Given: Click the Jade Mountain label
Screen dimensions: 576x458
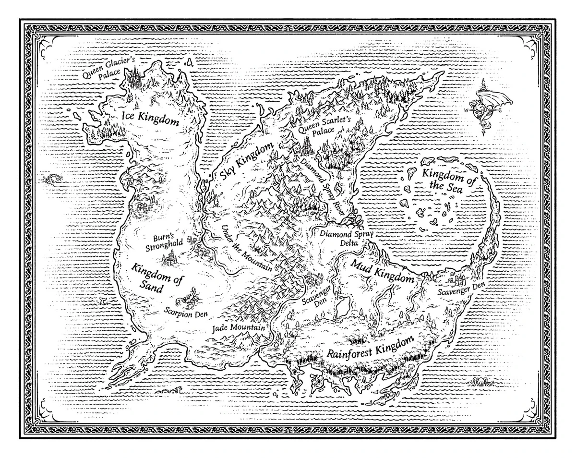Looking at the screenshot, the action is pyautogui.click(x=239, y=328).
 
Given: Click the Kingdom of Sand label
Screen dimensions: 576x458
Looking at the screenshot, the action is pyautogui.click(x=153, y=277).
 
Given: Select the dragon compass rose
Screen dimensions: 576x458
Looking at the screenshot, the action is pyautogui.click(x=486, y=108).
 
